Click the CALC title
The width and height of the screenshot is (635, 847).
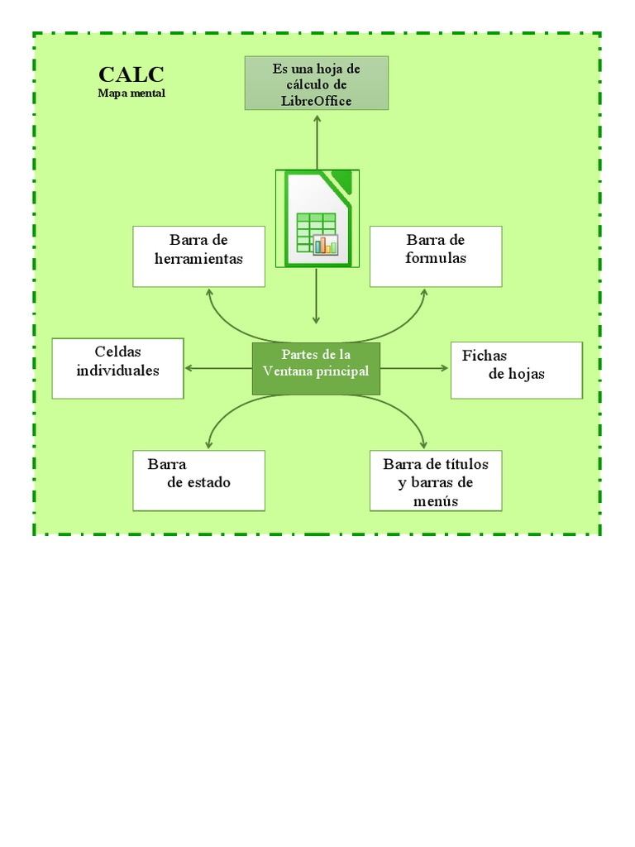pos(131,75)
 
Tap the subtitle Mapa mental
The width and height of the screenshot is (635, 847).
pos(131,93)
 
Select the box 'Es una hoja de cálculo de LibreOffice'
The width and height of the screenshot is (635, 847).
pos(317,83)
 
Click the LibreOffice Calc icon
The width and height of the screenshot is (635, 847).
pos(317,218)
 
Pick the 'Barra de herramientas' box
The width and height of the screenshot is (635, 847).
pos(198,256)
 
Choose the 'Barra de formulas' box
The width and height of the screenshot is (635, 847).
pos(436,256)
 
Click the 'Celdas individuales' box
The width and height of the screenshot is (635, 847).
pos(117,368)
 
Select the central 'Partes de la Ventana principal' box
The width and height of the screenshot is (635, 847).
pos(316,368)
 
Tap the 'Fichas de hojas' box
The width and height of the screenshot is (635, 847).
pos(516,369)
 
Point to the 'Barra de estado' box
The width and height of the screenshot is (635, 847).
pos(198,480)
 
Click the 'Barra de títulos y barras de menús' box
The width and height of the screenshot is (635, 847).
pos(436,480)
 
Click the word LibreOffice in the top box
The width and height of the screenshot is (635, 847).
pos(317,101)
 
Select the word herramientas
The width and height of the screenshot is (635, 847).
pos(199,259)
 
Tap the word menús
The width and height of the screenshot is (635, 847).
pos(435,501)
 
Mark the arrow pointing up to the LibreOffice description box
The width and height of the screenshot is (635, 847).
pos(317,120)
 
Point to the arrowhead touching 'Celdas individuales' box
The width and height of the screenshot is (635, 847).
pos(189,368)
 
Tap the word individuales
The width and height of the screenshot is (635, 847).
pos(117,371)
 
